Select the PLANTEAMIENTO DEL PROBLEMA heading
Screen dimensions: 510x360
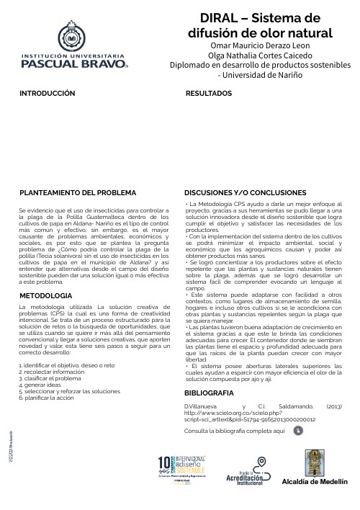77,194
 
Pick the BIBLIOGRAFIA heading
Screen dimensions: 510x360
209,393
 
